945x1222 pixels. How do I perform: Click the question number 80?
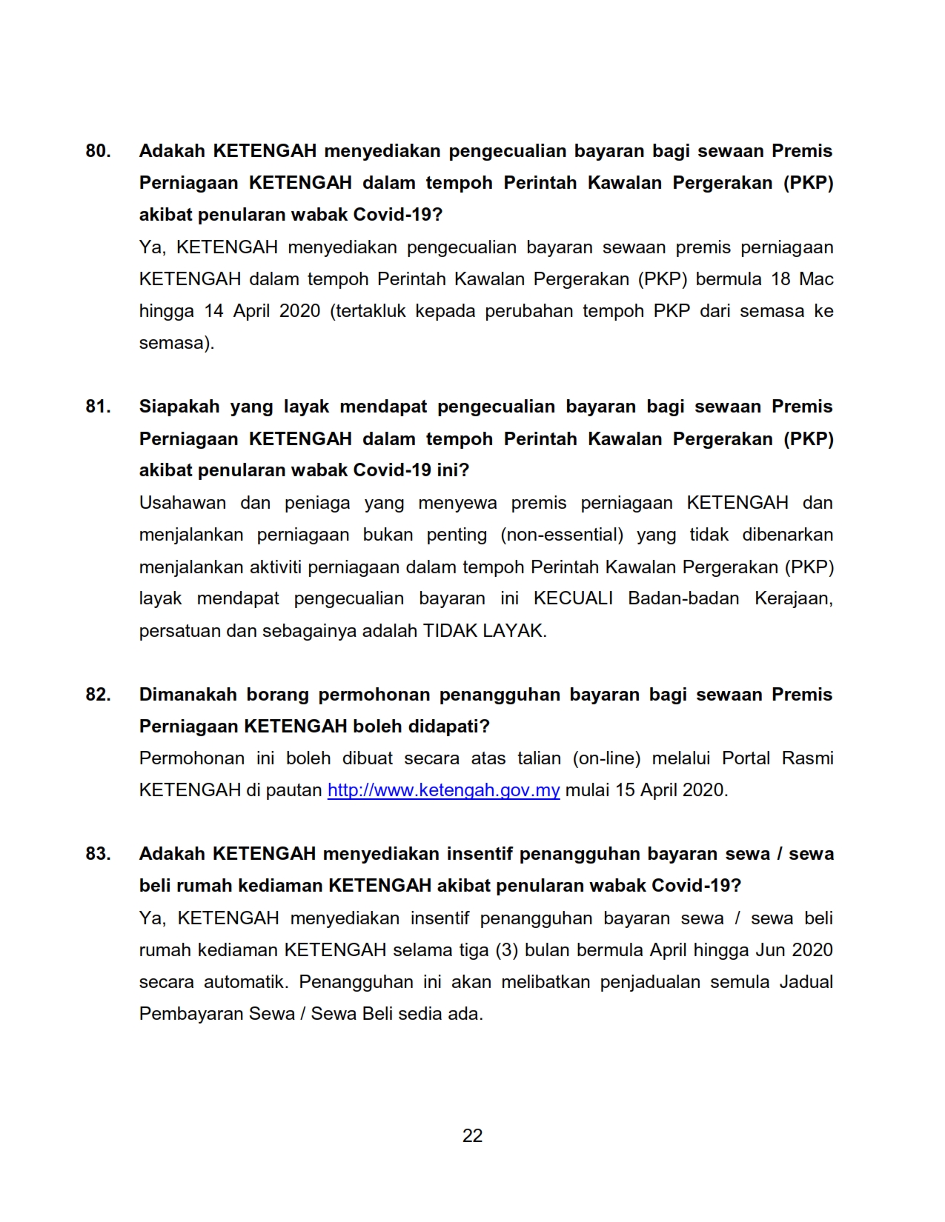click(x=98, y=151)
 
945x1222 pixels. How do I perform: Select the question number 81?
click(x=98, y=407)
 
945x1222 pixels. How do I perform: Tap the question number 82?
click(x=98, y=695)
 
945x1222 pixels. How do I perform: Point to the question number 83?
click(x=98, y=854)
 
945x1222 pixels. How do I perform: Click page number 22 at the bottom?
click(x=472, y=1136)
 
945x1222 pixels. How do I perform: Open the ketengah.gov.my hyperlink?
click(x=443, y=790)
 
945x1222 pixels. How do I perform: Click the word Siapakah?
click(x=179, y=407)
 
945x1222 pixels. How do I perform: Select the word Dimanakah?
click(x=188, y=695)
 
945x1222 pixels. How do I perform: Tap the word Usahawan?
click(x=182, y=503)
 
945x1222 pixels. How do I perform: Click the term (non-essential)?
click(x=562, y=535)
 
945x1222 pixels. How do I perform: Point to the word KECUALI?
click(x=573, y=598)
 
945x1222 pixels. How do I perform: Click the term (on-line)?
click(x=606, y=758)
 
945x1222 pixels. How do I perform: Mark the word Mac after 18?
click(x=816, y=279)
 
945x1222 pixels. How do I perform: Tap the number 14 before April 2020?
click(x=213, y=311)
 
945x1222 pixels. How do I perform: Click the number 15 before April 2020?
click(x=625, y=790)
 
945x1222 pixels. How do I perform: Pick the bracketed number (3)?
click(x=505, y=950)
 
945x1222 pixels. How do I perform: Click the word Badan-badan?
click(x=683, y=598)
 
